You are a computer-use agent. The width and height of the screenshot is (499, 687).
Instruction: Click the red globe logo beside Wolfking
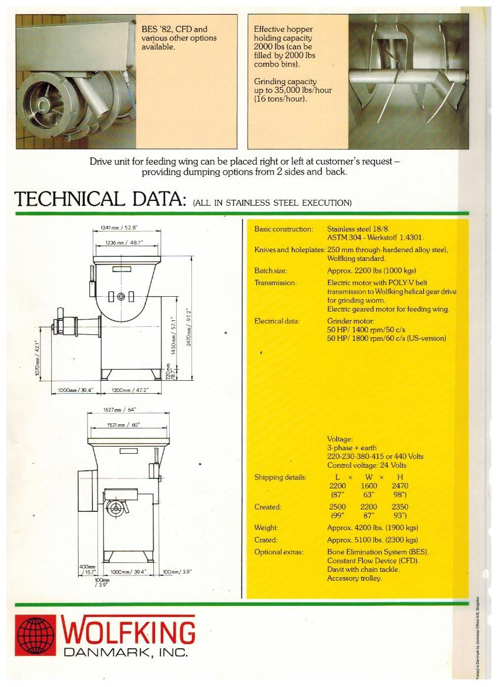35,636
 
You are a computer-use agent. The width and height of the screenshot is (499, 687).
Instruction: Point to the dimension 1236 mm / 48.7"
123,242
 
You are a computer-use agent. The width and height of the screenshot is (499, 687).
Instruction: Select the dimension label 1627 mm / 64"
120,410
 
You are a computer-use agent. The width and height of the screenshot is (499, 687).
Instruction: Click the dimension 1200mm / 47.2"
130,390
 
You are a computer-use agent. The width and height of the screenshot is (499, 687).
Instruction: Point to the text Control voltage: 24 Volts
367,465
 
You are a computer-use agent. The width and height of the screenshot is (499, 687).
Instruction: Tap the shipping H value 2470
400,486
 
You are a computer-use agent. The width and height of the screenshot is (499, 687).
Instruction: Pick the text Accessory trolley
355,578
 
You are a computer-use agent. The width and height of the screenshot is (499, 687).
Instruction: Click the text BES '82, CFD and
174,29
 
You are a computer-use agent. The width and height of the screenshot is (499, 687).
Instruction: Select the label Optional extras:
279,552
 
